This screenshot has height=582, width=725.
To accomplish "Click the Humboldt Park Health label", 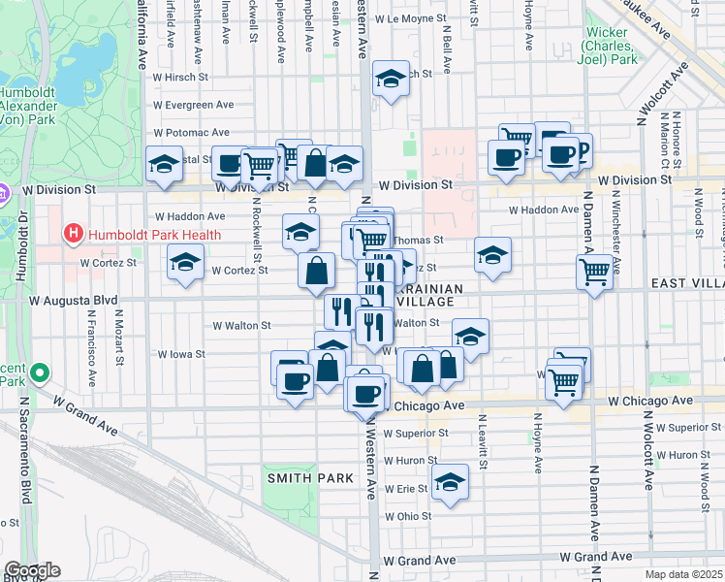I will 154,235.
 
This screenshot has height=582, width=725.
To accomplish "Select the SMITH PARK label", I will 306,478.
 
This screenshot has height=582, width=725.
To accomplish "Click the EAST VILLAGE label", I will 685,282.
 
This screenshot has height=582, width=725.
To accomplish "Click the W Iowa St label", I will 181,354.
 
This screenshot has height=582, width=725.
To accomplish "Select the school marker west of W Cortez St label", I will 185,262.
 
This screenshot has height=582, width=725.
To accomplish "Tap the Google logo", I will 31,570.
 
